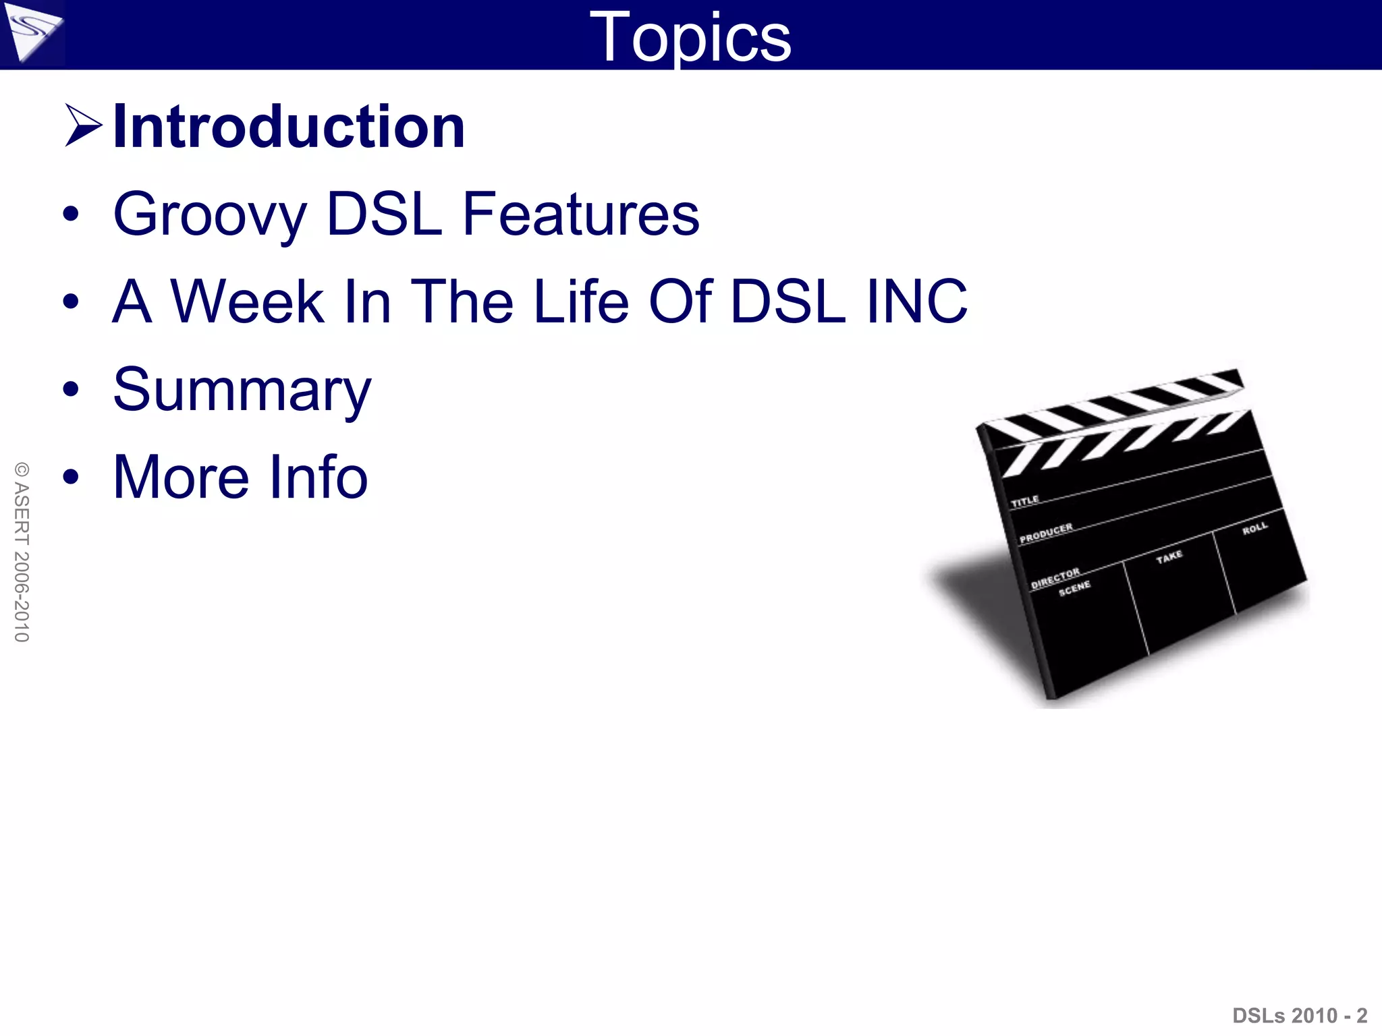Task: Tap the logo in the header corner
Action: pyautogui.click(x=32, y=33)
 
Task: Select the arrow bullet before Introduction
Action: pyautogui.click(x=83, y=125)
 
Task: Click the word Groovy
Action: pyautogui.click(x=210, y=215)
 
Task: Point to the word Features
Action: pyautogui.click(x=581, y=214)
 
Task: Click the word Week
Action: pyautogui.click(x=247, y=301)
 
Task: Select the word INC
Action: pyautogui.click(x=917, y=301)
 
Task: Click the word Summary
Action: pyautogui.click(x=242, y=391)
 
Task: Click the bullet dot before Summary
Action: pyautogui.click(x=70, y=389)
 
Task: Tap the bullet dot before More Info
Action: pyautogui.click(x=70, y=477)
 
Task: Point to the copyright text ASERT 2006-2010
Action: pyautogui.click(x=22, y=552)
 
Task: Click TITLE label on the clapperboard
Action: pyautogui.click(x=1024, y=501)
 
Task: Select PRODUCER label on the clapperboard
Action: pyautogui.click(x=1046, y=533)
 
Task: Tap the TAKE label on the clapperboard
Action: pyautogui.click(x=1169, y=556)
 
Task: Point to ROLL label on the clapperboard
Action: pyautogui.click(x=1255, y=528)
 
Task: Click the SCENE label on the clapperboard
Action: pyautogui.click(x=1074, y=589)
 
